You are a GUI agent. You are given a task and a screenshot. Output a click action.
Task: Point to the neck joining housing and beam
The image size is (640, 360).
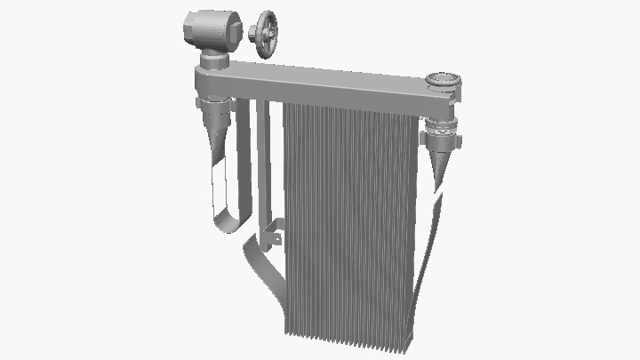tap(213, 62)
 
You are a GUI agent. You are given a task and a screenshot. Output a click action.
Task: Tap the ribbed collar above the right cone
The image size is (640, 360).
tap(441, 133)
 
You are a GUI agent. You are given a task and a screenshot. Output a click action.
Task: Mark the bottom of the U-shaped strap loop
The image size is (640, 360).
tap(228, 222)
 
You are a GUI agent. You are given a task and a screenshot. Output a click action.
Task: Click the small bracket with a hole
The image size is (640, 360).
tap(276, 238)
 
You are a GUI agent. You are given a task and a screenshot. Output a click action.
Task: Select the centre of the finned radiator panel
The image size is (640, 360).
tap(351, 222)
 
